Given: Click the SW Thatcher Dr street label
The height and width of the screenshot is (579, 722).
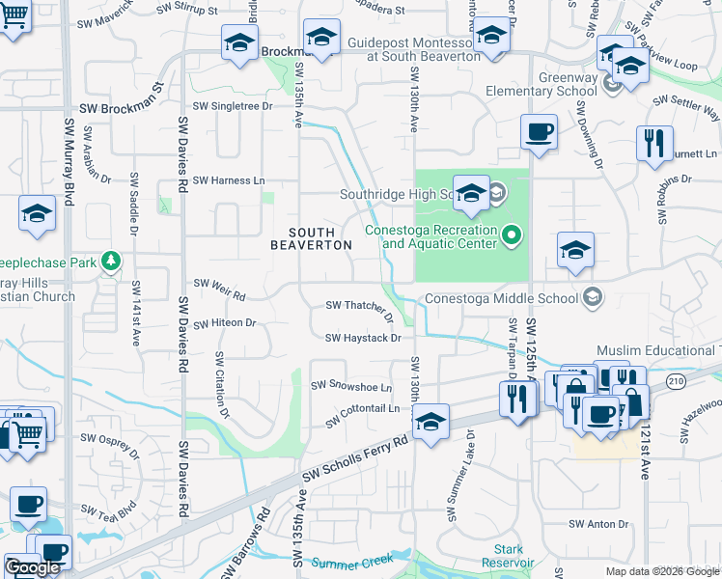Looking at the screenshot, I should (360, 308).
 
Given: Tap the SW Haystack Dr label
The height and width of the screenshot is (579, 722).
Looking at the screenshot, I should (363, 338).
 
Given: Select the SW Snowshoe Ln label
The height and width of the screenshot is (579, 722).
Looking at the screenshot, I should (351, 386).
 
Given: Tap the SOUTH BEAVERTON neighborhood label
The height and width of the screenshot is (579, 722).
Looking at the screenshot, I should (311, 238).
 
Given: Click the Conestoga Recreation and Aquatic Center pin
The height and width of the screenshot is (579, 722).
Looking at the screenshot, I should (513, 234).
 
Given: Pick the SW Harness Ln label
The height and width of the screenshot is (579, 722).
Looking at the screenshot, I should (229, 180).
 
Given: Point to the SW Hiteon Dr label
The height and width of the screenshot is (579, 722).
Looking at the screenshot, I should (224, 323).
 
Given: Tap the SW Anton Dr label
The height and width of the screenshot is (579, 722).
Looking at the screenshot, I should (598, 524).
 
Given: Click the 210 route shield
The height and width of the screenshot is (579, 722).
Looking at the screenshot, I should (674, 383).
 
